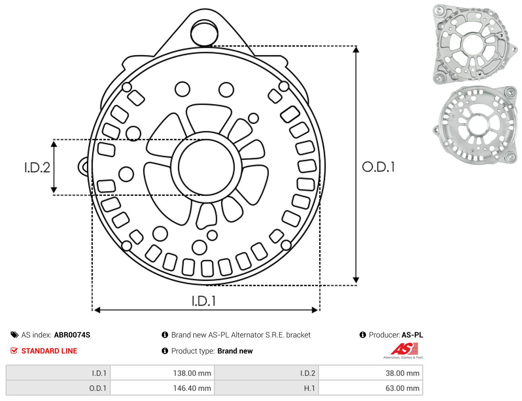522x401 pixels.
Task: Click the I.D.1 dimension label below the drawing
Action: pyautogui.click(x=203, y=301)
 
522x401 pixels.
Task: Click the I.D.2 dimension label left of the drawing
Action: pyautogui.click(x=37, y=168)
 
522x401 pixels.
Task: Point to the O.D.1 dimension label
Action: pyautogui.click(x=378, y=167)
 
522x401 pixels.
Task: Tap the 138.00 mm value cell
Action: pyautogui.click(x=162, y=373)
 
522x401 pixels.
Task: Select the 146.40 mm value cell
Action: pyautogui.click(x=162, y=388)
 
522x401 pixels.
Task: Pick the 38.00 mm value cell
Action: pyautogui.click(x=370, y=373)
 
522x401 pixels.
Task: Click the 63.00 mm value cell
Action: pyautogui.click(x=370, y=388)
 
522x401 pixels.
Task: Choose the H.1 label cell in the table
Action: pyautogui.click(x=267, y=388)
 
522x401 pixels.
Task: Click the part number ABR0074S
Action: pyautogui.click(x=72, y=335)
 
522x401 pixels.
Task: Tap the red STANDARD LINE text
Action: pyautogui.click(x=49, y=351)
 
